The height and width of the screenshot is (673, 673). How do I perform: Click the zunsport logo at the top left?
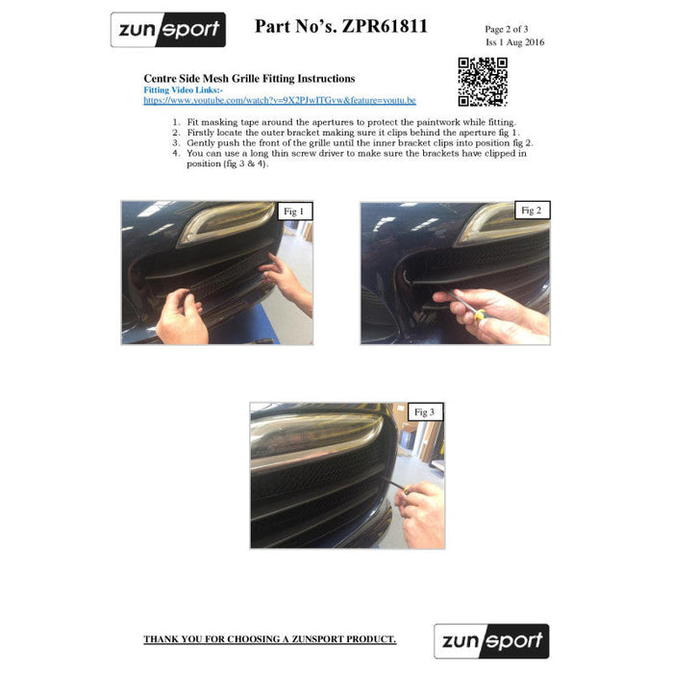point(168,30)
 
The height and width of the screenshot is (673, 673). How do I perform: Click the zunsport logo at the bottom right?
point(491,641)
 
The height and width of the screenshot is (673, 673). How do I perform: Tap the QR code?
point(483,82)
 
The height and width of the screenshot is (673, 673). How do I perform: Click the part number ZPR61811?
point(385,26)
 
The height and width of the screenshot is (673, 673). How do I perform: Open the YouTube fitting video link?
point(280,100)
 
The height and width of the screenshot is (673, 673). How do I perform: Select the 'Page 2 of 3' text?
point(507,29)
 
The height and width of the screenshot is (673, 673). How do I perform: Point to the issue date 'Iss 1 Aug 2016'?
point(514,42)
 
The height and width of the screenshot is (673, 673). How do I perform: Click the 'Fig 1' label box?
point(294,212)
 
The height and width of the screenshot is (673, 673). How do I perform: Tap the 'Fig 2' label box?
point(532,211)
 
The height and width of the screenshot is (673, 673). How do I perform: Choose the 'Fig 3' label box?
point(425,412)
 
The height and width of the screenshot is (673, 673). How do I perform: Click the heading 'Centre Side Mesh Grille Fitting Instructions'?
point(249,79)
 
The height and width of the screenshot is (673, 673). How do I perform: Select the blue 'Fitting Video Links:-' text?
point(183,90)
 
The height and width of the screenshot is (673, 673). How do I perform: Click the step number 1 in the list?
point(176,122)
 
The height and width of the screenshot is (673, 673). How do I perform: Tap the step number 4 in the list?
point(176,153)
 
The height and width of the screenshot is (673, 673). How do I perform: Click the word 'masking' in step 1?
point(219,122)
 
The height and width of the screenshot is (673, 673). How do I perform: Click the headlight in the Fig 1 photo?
point(228,222)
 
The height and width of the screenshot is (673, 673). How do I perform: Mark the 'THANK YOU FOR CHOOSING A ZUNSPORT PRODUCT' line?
point(269,639)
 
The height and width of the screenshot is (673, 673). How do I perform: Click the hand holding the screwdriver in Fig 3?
point(420,514)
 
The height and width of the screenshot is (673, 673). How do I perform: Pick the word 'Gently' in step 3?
point(200,143)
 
